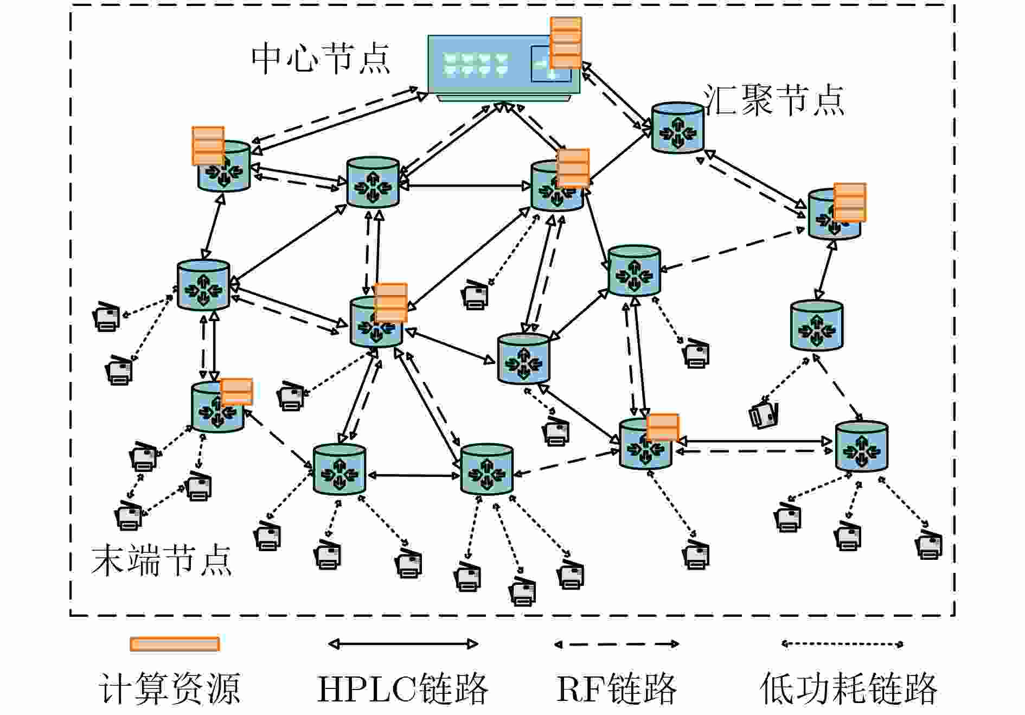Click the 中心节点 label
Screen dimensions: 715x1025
tap(321, 58)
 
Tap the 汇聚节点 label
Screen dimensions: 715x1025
tap(774, 100)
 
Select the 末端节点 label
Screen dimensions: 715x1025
tap(161, 560)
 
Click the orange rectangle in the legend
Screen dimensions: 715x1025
tap(175, 644)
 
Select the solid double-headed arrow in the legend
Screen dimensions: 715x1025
tap(403, 644)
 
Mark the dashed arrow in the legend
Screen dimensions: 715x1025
tap(617, 644)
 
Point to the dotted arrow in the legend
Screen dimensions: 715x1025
tap(842, 644)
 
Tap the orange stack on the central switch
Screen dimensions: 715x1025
tap(566, 42)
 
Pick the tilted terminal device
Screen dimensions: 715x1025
tap(764, 415)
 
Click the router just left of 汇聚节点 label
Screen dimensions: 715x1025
tap(677, 127)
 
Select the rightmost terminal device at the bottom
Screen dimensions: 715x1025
tap(929, 545)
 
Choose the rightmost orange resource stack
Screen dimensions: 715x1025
tap(849, 202)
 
